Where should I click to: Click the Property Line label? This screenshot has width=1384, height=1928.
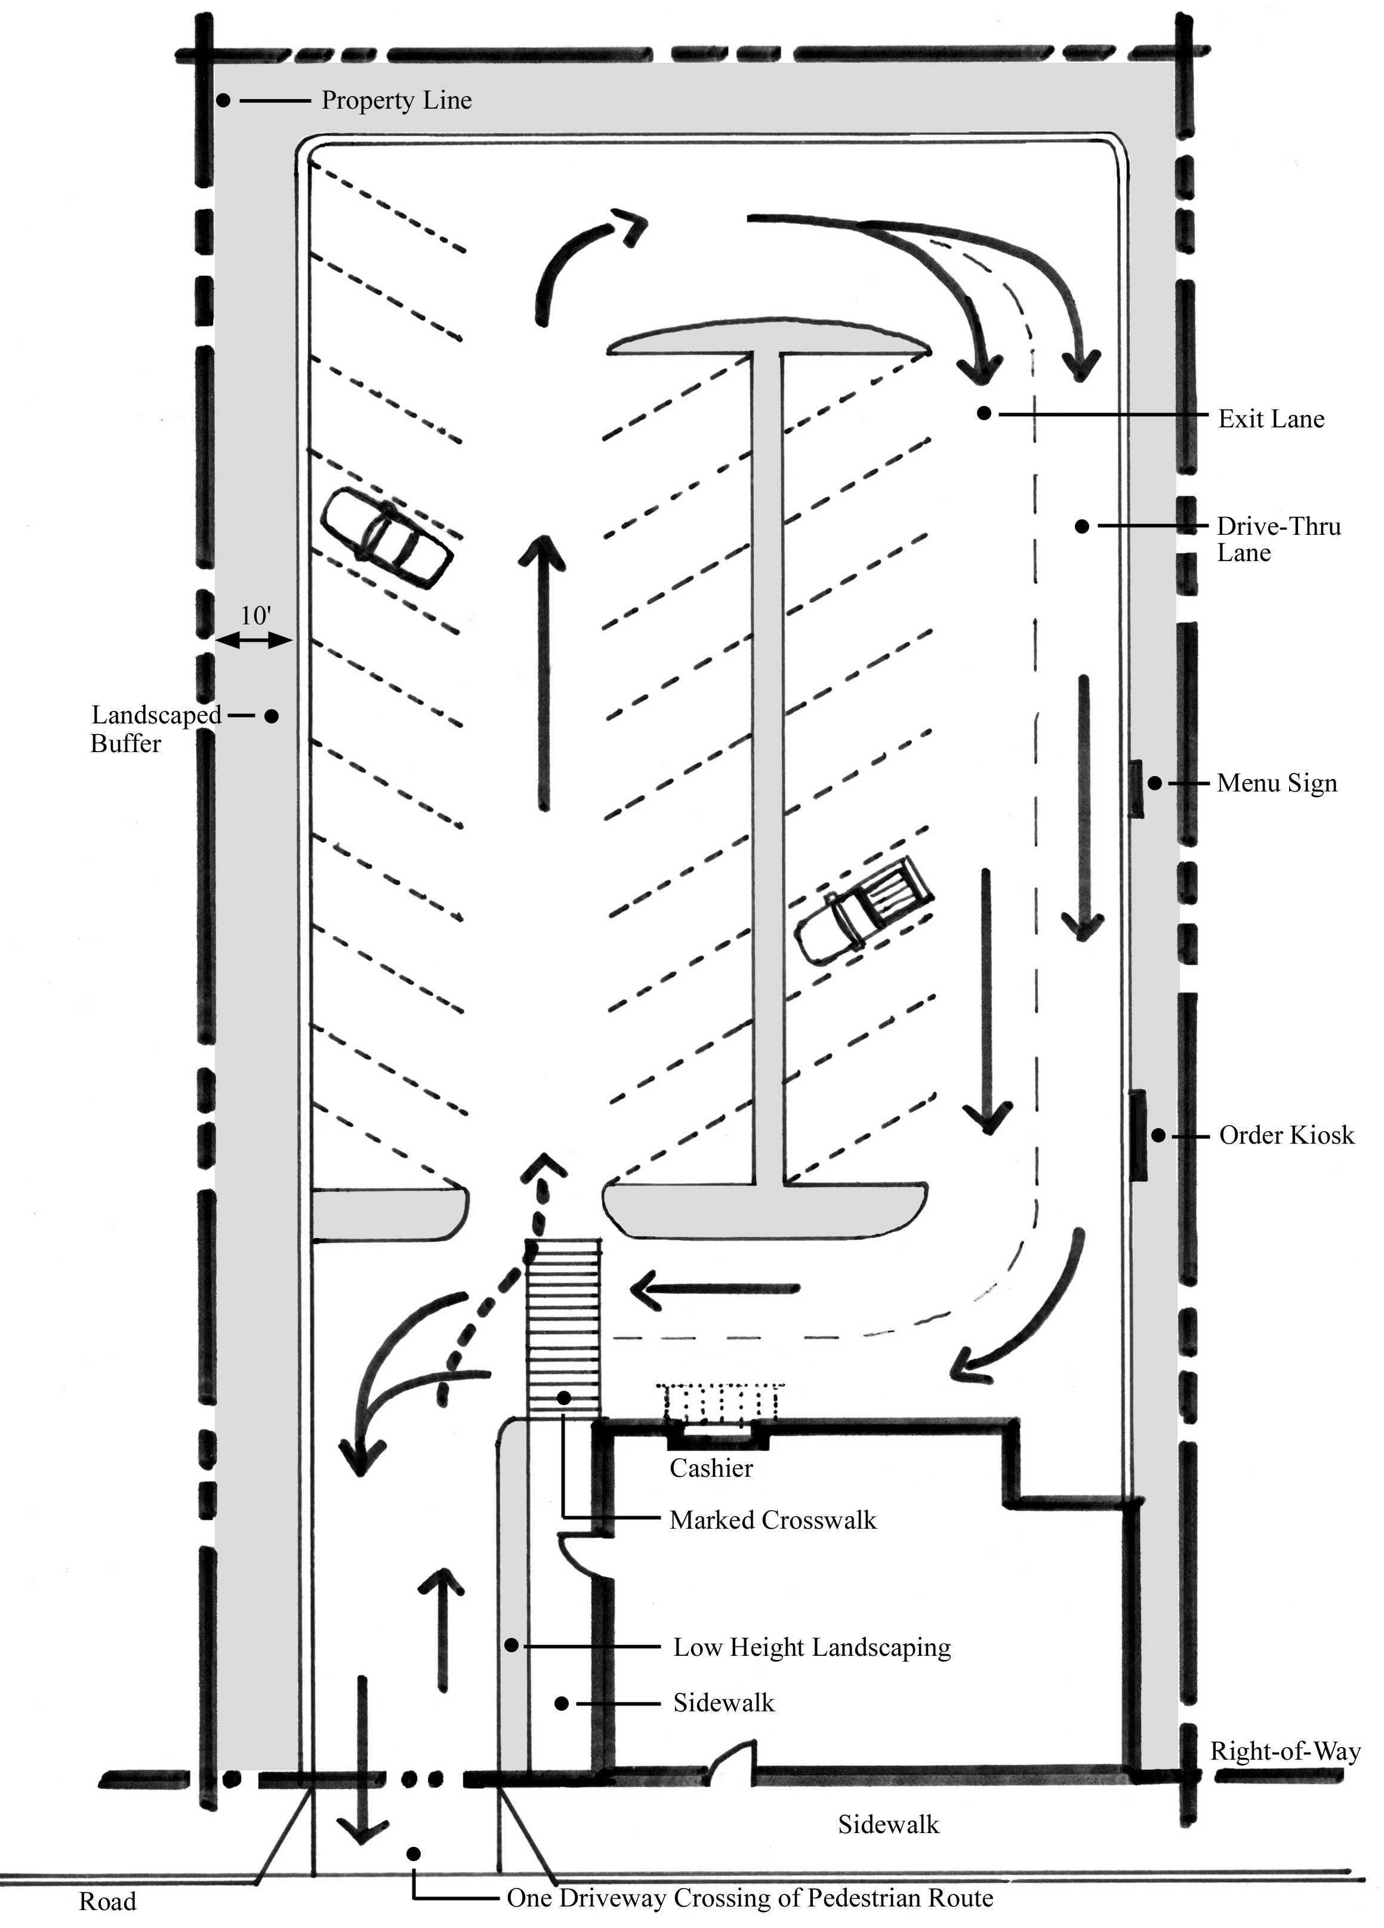[396, 100]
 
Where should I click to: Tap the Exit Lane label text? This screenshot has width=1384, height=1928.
[1271, 418]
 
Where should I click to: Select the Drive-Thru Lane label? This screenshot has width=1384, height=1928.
[1278, 539]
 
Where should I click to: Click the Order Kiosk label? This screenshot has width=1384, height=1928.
[1286, 1135]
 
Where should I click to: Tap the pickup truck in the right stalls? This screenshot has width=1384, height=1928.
[863, 911]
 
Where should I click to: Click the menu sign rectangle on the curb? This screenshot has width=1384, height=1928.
[1136, 790]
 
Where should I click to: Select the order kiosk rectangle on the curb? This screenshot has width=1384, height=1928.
[1138, 1135]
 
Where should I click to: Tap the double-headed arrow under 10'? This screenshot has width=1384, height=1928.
[253, 642]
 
